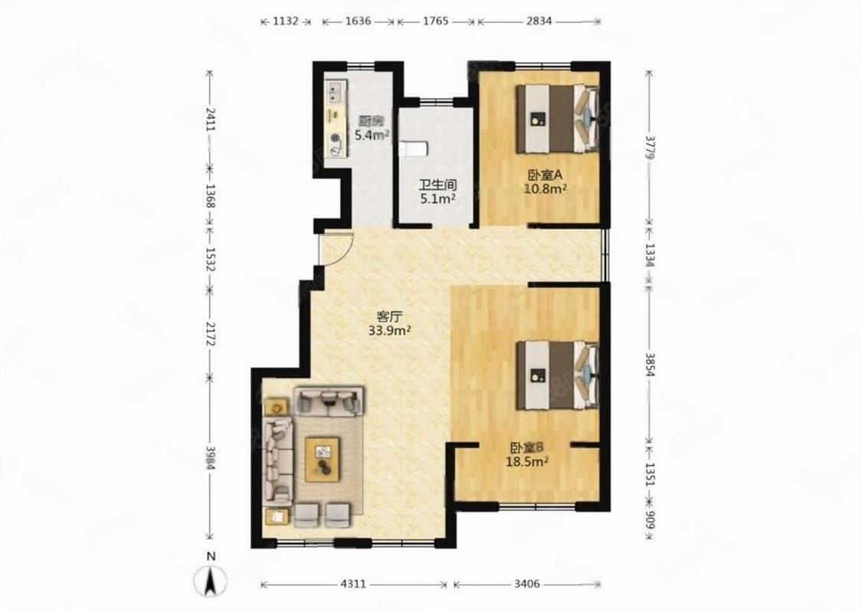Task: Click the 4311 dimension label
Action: [352, 584]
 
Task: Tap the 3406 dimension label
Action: [527, 584]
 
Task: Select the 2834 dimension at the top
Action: [539, 21]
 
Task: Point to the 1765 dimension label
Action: [435, 21]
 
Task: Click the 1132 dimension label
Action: [285, 21]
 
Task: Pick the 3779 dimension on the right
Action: [651, 148]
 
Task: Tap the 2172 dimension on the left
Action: [209, 334]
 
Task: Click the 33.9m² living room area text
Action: [391, 330]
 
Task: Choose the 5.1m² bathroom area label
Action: [438, 198]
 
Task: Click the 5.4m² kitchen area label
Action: [372, 134]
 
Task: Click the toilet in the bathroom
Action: [414, 149]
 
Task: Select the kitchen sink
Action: [336, 92]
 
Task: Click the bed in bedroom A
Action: [557, 118]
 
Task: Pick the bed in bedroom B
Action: [557, 376]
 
